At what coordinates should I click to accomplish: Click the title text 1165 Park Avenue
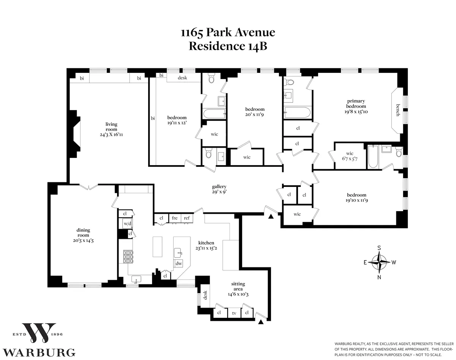228,33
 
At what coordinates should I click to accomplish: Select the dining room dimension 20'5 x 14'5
83,240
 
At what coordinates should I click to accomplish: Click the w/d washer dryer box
127,224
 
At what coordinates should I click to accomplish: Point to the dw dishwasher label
178,263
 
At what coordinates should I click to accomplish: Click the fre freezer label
174,218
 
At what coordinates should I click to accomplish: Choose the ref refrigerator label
187,218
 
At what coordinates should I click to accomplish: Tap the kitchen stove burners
128,257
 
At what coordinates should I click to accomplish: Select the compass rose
379,262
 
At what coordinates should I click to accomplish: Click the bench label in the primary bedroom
398,110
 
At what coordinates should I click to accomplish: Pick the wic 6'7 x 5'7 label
350,156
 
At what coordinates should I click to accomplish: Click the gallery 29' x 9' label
219,189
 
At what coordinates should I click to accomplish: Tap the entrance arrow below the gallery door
271,216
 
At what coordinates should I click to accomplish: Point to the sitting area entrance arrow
261,322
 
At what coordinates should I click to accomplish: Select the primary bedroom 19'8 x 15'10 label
356,106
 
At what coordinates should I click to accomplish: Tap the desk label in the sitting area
205,295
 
